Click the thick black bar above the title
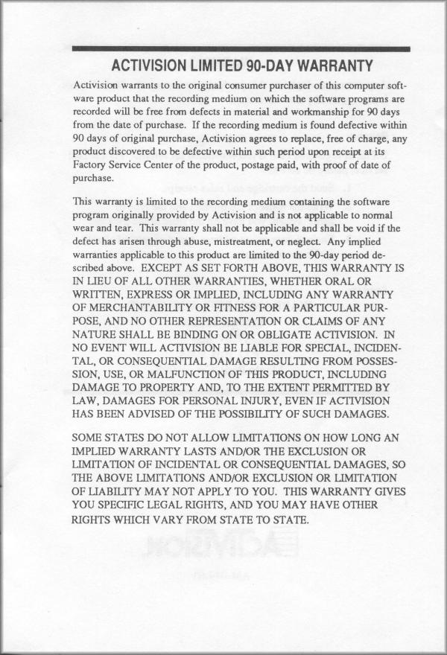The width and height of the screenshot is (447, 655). tap(241, 49)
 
